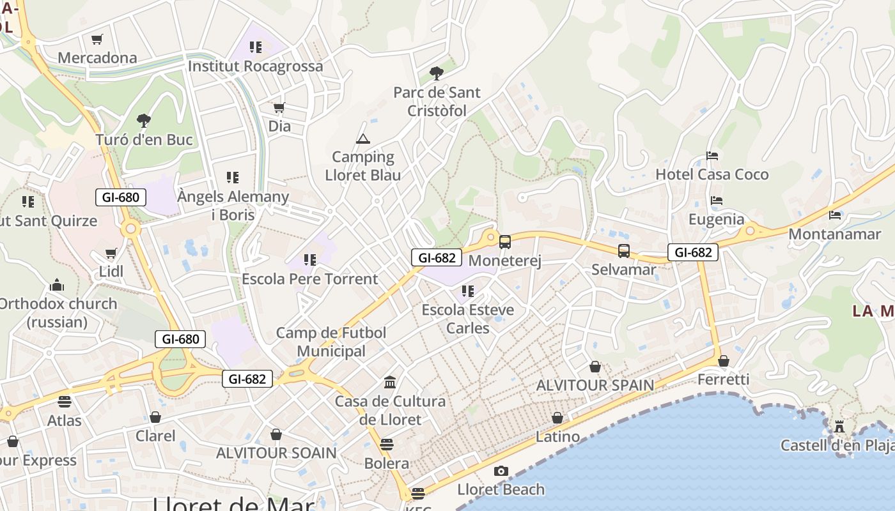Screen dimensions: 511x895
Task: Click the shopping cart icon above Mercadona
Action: pos(97,40)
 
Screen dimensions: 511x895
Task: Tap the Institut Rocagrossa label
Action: pos(256,66)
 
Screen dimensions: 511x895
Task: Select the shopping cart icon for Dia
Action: pos(279,107)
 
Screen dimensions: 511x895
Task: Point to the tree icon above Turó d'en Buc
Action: pos(144,120)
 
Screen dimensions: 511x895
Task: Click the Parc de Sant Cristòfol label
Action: pos(437,102)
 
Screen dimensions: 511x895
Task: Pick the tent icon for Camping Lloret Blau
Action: pos(362,139)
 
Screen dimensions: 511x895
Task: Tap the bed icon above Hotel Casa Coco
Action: pos(712,156)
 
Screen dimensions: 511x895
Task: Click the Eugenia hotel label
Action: pos(716,220)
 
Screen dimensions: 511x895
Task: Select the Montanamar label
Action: pos(834,234)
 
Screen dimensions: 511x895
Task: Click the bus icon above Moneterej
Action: pos(504,242)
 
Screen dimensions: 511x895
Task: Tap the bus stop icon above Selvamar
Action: pos(623,251)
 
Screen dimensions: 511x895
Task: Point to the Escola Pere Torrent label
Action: pos(309,279)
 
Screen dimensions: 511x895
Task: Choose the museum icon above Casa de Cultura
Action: pos(390,383)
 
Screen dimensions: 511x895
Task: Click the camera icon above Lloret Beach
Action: pos(501,471)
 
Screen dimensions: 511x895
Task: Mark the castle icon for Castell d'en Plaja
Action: pos(839,426)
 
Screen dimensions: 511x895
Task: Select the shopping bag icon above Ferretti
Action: pos(723,361)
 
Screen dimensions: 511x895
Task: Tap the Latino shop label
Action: pos(557,438)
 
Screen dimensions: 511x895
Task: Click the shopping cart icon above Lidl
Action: pos(111,253)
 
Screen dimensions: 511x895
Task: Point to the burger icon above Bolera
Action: pos(386,445)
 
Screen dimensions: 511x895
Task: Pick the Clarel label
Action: pos(155,436)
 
